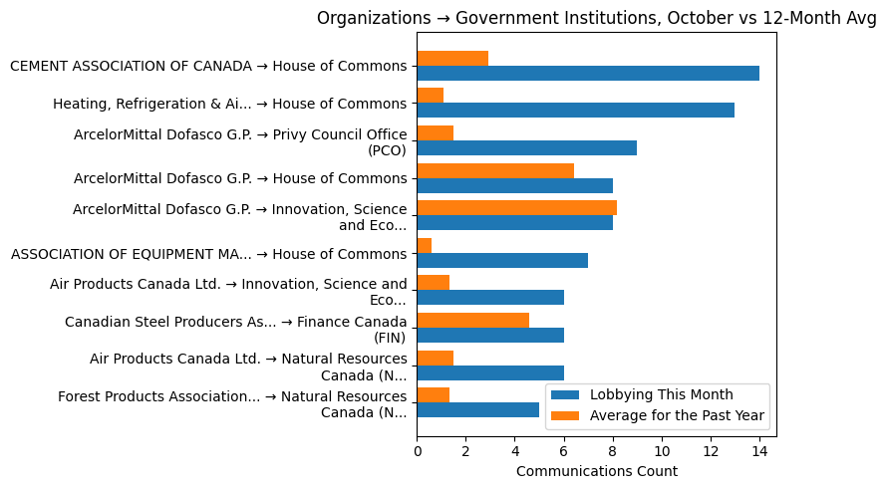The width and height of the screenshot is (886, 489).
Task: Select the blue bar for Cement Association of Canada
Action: (588, 73)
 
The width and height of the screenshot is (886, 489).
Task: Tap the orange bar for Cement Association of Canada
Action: (452, 58)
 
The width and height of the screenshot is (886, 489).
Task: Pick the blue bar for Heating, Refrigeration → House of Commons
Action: (575, 111)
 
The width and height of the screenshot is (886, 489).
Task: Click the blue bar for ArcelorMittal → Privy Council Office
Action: (526, 147)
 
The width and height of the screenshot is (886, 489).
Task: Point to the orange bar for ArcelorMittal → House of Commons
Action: (495, 170)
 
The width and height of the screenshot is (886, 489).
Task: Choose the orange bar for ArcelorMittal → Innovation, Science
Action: (516, 207)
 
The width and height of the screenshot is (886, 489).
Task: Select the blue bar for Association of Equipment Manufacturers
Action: (502, 260)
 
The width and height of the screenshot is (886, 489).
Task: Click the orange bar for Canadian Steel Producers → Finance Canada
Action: (472, 320)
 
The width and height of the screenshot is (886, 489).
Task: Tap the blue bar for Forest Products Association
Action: (477, 409)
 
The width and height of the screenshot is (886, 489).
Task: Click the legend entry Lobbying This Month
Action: (661, 394)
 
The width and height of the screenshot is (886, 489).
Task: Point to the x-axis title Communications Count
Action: (596, 471)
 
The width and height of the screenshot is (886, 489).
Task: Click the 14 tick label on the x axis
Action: (759, 451)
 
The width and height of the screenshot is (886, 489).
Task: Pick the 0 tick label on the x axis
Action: (417, 451)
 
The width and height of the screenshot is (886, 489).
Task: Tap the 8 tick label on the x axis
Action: (613, 451)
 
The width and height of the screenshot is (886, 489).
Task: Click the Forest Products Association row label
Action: (232, 404)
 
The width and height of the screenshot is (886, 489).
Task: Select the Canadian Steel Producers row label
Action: (235, 330)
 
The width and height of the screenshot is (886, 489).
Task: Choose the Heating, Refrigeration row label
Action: (230, 104)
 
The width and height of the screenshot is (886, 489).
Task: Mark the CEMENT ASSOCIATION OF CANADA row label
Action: (208, 66)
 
